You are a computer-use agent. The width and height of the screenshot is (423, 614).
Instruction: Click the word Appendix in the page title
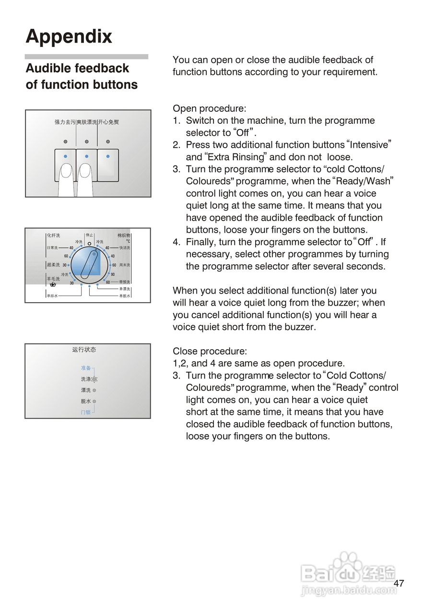[x=69, y=36]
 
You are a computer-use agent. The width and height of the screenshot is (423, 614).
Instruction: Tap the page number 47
[x=399, y=583]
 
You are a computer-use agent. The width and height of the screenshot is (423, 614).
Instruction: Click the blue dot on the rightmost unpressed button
[x=108, y=156]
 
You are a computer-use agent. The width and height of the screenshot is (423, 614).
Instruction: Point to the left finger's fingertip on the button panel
[x=66, y=169]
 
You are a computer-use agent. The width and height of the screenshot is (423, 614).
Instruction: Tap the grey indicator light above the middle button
[x=87, y=142]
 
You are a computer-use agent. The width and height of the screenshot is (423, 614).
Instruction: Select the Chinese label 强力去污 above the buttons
[x=65, y=122]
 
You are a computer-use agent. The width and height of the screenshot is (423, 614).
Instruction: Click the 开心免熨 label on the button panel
[x=108, y=122]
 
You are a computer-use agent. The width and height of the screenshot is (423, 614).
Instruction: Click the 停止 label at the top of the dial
[x=89, y=235]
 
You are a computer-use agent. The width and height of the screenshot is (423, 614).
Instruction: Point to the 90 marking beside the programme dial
[x=113, y=274]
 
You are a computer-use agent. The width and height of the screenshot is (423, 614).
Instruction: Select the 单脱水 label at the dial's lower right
[x=125, y=296]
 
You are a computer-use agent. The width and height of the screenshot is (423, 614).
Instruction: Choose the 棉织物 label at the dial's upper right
[x=124, y=236]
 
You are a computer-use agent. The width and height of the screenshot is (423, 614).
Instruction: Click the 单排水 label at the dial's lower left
[x=52, y=296]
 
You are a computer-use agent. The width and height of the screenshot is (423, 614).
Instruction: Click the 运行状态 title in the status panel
[x=84, y=350]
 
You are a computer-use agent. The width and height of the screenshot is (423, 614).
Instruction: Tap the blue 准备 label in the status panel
[x=86, y=368]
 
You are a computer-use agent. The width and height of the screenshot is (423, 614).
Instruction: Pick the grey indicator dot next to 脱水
[x=94, y=401]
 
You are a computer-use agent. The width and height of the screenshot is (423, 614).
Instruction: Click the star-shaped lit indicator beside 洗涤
[x=94, y=379]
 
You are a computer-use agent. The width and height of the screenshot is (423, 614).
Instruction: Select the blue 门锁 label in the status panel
[x=85, y=412]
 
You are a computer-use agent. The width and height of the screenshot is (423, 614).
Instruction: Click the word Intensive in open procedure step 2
[x=369, y=145]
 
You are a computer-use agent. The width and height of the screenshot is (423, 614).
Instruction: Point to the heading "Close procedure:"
[x=210, y=351]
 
